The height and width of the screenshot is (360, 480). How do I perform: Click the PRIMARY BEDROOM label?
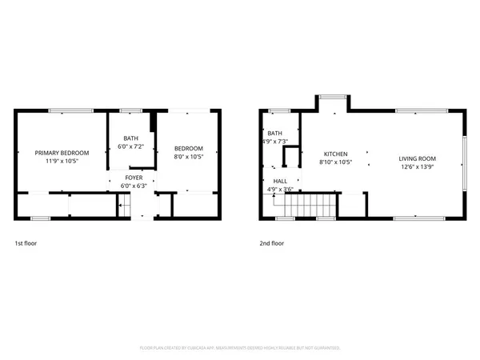[x=62, y=152]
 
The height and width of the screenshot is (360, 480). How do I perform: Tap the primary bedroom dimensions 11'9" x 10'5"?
[x=62, y=161]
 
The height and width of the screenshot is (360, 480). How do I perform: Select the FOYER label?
[x=134, y=177]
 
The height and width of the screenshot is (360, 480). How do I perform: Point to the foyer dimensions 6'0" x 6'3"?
[x=134, y=186]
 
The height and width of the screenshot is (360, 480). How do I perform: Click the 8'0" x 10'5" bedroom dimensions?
[x=189, y=157]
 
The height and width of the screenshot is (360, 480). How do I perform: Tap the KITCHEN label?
[x=335, y=153]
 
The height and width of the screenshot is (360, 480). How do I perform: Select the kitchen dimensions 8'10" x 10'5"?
[x=335, y=162]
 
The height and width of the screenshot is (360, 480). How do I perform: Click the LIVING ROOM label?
[x=416, y=158]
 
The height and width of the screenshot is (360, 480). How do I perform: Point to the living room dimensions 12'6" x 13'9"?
[x=416, y=166]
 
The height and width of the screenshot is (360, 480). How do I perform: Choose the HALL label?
[x=280, y=181]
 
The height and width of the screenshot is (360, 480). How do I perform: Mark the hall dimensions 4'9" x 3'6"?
[x=280, y=190]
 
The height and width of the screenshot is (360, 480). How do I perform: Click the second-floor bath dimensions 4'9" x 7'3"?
[x=274, y=142]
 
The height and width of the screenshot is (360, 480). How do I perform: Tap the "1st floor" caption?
[x=26, y=242]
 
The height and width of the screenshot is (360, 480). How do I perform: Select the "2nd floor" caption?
[x=270, y=242]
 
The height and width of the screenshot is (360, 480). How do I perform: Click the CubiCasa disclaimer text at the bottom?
[x=240, y=348]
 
